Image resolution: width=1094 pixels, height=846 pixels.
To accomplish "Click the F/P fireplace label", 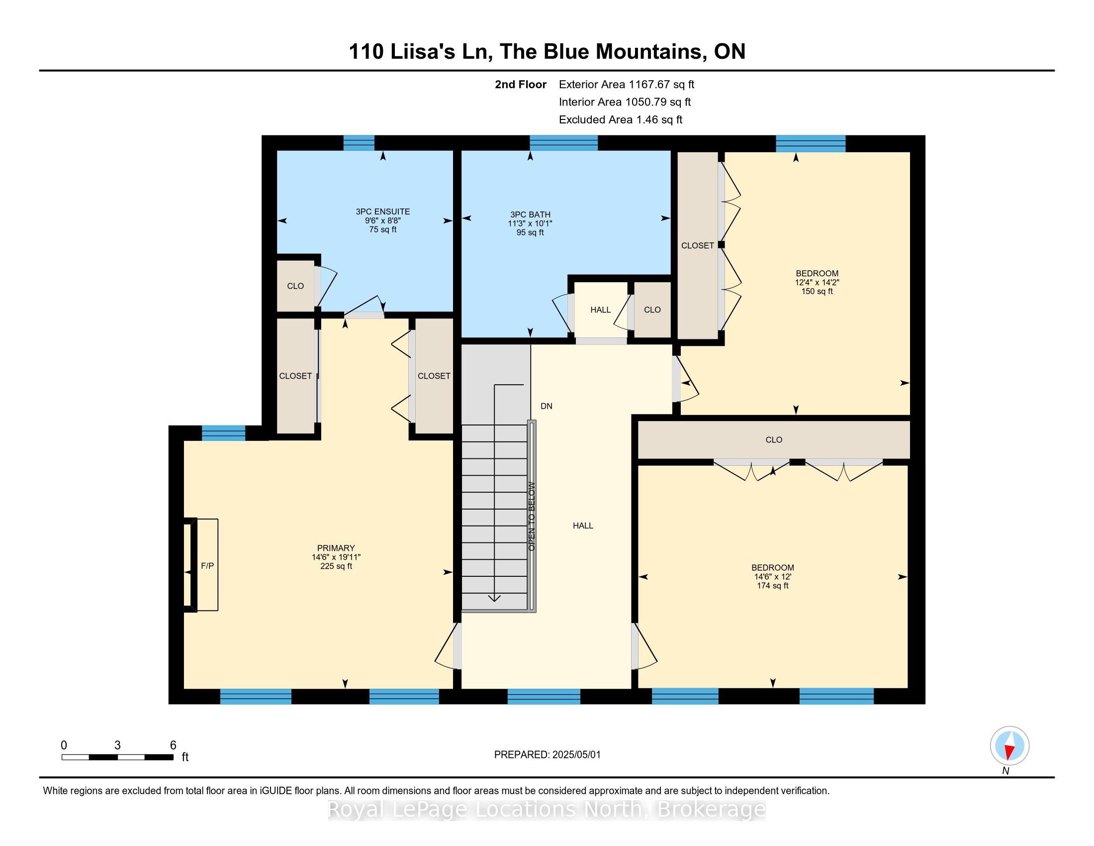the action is (x=207, y=566).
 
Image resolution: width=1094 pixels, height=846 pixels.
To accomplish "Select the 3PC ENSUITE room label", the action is (x=383, y=211).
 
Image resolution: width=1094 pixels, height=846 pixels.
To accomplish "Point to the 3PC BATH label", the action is (x=530, y=214).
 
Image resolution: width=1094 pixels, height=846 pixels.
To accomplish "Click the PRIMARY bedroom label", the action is (x=336, y=548).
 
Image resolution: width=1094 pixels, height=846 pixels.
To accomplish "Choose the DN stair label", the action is (x=547, y=406).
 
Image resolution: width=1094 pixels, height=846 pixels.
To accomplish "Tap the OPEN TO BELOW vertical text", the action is (x=532, y=516).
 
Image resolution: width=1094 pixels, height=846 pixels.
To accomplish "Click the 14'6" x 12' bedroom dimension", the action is (x=772, y=576).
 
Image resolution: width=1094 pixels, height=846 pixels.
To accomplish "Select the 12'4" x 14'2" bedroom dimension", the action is (x=817, y=282).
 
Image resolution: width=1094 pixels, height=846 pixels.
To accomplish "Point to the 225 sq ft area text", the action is (x=336, y=566).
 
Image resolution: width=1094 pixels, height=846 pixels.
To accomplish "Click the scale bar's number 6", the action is (x=173, y=745).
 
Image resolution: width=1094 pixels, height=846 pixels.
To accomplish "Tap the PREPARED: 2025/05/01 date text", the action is (x=547, y=754).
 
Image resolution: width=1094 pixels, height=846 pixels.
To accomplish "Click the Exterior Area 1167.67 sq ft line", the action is (x=626, y=84).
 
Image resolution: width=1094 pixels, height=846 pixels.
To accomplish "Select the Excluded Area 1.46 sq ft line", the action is (x=621, y=119).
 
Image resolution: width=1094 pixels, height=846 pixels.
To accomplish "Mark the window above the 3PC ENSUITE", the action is (x=359, y=143).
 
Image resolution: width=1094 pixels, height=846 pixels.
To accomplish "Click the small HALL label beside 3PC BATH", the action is (x=600, y=310).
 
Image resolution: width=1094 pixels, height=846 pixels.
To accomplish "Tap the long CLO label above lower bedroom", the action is (x=773, y=439).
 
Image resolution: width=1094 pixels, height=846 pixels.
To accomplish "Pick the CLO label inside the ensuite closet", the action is (x=295, y=286).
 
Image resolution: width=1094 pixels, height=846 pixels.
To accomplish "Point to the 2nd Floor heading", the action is (x=521, y=84).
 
